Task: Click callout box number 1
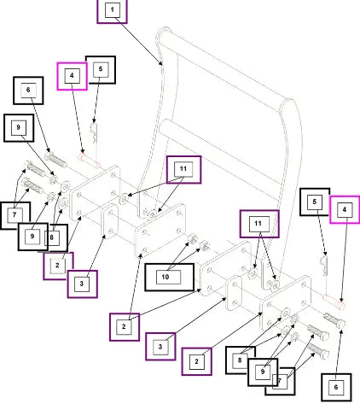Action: coord(112,11)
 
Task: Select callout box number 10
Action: coord(170,277)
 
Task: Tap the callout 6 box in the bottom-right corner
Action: coord(336,387)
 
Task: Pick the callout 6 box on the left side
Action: coord(28,91)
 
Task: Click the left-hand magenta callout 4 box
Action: coord(72,76)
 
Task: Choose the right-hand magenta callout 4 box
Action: coord(345,209)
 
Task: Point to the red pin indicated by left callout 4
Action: coord(89,161)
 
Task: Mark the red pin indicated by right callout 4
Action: coord(334,302)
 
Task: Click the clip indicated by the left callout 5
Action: coord(94,132)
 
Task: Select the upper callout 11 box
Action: coord(183,170)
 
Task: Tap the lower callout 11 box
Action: coord(259,224)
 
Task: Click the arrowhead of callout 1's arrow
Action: coord(161,64)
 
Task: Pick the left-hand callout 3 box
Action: coord(83,284)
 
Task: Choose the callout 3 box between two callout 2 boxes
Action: coord(160,347)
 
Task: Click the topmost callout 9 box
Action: coord(19,128)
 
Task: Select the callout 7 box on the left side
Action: coord(15,215)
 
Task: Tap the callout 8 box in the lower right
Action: coord(240,360)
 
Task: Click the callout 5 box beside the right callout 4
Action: coord(315,202)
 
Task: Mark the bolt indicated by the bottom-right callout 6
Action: coord(334,320)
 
